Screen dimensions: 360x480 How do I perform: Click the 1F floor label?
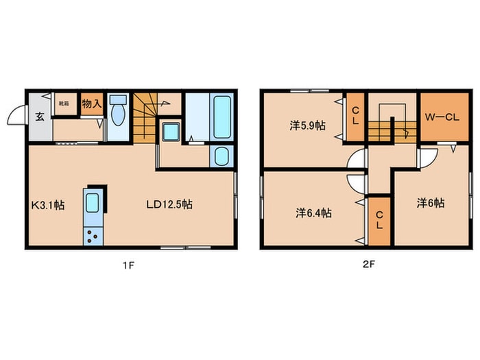click(129, 265)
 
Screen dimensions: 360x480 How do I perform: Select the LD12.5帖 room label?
click(169, 204)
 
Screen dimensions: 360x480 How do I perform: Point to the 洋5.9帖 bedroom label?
click(307, 125)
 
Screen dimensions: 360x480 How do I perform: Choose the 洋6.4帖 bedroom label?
click(314, 213)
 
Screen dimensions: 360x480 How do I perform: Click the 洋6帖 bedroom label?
click(431, 203)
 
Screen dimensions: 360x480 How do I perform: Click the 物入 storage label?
click(91, 104)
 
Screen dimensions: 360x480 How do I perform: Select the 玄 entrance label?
click(40, 116)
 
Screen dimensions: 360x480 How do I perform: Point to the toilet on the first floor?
click(118, 112)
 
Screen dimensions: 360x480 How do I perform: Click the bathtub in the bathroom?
click(221, 117)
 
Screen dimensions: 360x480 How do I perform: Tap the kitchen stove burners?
click(92, 236)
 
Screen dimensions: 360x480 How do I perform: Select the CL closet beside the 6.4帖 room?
click(378, 221)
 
